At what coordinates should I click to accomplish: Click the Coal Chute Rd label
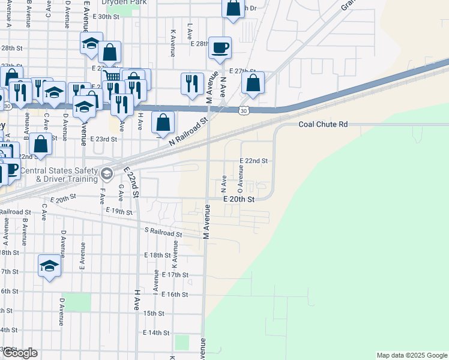pyautogui.click(x=323, y=125)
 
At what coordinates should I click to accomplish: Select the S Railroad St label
pyautogui.click(x=163, y=232)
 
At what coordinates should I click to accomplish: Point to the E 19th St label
pyautogui.click(x=118, y=211)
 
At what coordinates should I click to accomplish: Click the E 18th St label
pyautogui.click(x=158, y=255)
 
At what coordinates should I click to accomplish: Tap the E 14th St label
pyautogui.click(x=157, y=332)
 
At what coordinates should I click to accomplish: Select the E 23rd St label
pyautogui.click(x=103, y=139)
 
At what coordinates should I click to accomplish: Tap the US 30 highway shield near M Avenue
pyautogui.click(x=243, y=111)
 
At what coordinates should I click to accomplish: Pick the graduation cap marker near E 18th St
pyautogui.click(x=49, y=266)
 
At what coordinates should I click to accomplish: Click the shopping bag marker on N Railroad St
pyautogui.click(x=163, y=122)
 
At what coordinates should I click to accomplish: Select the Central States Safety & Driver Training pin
pyautogui.click(x=107, y=174)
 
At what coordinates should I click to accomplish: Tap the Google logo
pyautogui.click(x=19, y=353)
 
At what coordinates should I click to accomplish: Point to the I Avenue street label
pyautogui.click(x=156, y=282)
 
